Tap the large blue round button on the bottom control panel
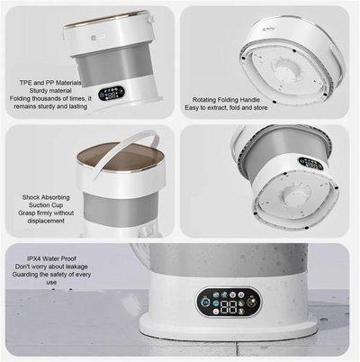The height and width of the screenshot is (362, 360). click(205, 303)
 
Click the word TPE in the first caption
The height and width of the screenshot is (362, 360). click(26, 83)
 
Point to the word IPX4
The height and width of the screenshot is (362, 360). click(35, 258)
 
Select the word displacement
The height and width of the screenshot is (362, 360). click(46, 221)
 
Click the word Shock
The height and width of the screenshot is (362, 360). click(31, 197)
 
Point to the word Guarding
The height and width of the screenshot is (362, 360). click(25, 275)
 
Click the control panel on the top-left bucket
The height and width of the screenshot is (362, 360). click(112, 94)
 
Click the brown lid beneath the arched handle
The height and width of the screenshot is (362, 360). click(120, 156)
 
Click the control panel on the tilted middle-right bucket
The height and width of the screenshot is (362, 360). click(310, 163)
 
